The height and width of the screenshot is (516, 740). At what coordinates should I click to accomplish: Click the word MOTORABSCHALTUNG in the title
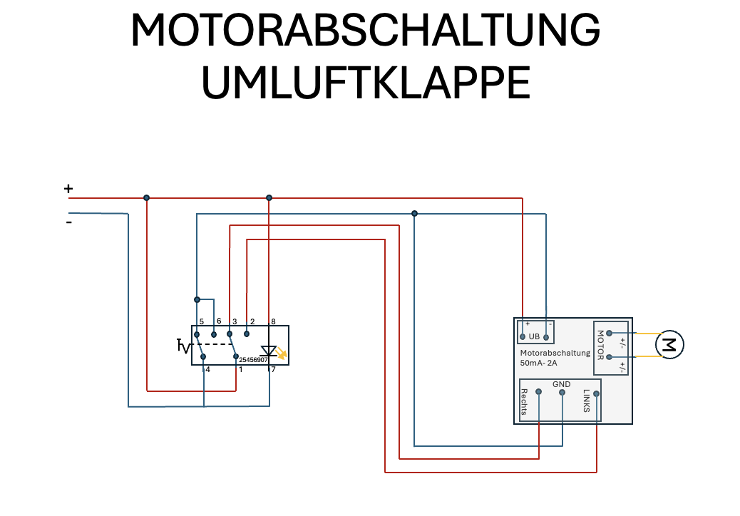365,32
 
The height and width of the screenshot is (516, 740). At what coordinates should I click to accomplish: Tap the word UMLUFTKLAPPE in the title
366,83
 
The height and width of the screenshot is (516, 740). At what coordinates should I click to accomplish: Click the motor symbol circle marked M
669,345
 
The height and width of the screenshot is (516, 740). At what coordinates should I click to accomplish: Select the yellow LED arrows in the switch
282,353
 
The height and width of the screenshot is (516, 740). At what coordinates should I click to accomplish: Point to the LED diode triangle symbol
269,351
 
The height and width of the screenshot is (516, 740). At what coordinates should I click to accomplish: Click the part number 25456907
253,360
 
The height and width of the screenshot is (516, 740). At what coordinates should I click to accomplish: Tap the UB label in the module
535,336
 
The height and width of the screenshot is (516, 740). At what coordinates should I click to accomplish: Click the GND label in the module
561,384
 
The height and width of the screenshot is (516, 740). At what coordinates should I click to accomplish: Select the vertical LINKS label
586,401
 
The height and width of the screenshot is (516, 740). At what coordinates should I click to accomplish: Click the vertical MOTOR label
600,345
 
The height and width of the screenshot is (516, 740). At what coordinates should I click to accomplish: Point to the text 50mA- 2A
538,363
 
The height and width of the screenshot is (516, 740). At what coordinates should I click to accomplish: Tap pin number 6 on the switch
219,321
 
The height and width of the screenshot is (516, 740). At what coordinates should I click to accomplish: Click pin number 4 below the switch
207,369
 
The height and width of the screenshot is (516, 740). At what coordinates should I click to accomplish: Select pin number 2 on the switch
252,321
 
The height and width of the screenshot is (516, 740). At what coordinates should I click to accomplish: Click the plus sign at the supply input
68,189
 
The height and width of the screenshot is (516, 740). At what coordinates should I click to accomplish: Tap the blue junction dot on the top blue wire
414,213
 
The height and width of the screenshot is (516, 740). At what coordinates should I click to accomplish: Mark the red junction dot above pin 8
269,197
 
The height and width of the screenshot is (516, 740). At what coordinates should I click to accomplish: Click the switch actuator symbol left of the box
183,346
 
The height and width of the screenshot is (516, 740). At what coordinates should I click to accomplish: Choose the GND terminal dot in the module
562,392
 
